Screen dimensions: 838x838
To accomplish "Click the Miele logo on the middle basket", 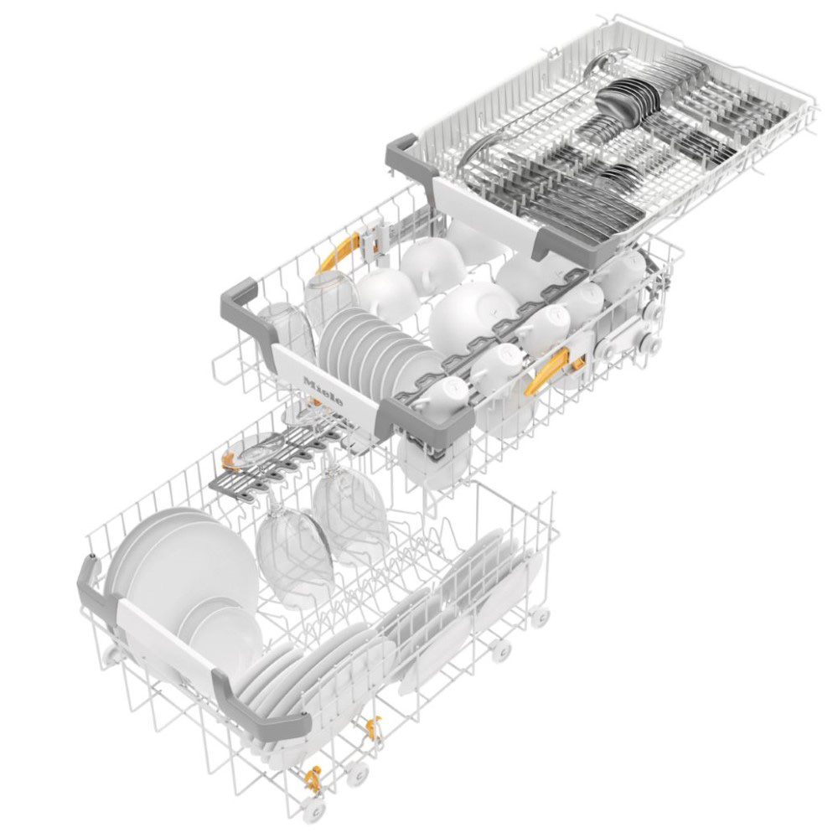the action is click(x=323, y=391).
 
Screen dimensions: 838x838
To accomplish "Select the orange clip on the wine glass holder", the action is click(x=230, y=458).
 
